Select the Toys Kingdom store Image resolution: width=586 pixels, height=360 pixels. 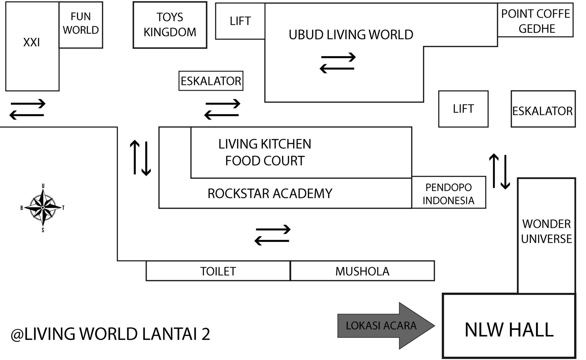170,25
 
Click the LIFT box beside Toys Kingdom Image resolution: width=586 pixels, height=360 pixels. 240,21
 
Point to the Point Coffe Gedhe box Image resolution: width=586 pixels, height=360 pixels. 535,21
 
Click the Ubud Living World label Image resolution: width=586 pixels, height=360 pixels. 351,35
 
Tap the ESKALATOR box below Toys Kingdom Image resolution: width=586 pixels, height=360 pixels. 211,81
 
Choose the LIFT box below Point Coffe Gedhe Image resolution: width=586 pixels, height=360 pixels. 463,109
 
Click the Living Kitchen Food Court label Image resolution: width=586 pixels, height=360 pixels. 265,152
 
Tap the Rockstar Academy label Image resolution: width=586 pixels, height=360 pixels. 270,194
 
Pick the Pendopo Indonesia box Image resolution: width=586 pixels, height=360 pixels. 449,193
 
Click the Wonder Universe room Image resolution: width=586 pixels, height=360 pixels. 546,231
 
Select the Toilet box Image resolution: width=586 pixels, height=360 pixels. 218,271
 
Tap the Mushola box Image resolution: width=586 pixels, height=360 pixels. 362,271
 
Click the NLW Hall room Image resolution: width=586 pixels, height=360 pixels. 509,330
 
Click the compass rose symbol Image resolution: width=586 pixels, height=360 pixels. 43,208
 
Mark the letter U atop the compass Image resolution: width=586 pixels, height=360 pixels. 43,186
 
